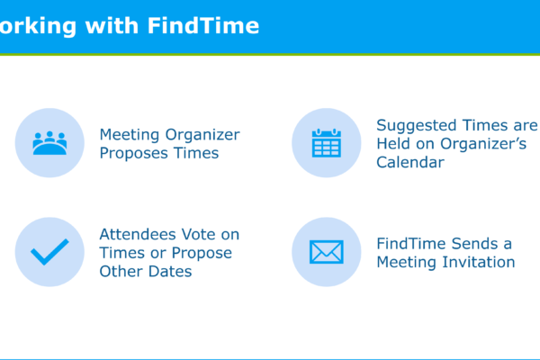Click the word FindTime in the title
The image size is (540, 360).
(x=203, y=25)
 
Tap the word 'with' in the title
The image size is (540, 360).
(x=112, y=25)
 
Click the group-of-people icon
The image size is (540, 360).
(x=49, y=143)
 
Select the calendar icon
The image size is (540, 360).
(x=327, y=143)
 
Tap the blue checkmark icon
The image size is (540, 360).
(x=49, y=252)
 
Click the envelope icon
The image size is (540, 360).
(x=327, y=252)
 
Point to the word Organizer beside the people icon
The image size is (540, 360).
(x=202, y=135)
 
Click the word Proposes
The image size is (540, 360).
(x=134, y=154)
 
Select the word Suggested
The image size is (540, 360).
(x=417, y=126)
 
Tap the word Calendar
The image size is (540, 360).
(x=410, y=162)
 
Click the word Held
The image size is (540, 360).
(x=393, y=144)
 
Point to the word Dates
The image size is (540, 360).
(x=170, y=272)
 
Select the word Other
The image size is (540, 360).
(x=121, y=272)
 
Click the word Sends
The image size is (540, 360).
(x=475, y=244)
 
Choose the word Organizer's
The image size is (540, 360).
(x=483, y=144)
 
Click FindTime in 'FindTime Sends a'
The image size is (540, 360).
(x=411, y=244)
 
